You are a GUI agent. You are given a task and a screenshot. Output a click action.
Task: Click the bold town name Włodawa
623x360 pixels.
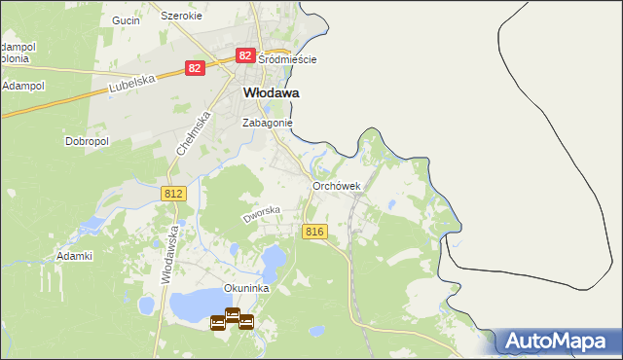(x=269, y=92)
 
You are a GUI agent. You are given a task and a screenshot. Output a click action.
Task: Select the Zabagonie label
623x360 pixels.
(x=267, y=124)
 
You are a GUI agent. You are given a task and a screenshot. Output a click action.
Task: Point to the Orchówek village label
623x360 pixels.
(x=337, y=186)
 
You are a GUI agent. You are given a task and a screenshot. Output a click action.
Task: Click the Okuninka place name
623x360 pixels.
(x=245, y=288)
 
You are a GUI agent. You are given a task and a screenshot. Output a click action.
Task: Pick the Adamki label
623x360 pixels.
(x=74, y=256)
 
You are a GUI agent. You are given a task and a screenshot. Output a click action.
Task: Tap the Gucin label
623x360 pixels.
(x=126, y=19)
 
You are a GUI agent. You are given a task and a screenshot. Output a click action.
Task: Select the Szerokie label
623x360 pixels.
(x=181, y=17)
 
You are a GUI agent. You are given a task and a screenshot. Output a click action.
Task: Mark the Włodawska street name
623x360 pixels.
(x=168, y=255)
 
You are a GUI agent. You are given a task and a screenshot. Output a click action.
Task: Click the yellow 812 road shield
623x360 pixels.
(x=173, y=195)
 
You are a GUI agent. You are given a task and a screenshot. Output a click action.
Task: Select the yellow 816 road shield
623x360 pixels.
(x=313, y=232)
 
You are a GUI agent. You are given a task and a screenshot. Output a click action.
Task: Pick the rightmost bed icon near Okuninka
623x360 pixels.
(x=246, y=322)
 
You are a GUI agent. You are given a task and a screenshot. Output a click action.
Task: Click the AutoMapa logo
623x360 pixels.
(x=559, y=342)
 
